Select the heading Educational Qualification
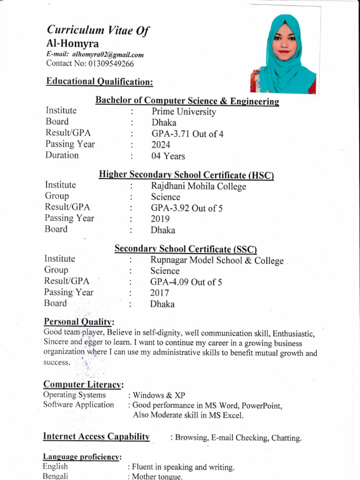(x=99, y=82)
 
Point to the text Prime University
(x=184, y=112)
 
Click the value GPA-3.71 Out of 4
(x=187, y=134)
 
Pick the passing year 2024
(x=161, y=145)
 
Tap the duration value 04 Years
(x=168, y=156)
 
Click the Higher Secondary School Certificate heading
(x=186, y=175)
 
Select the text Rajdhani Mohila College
(x=198, y=186)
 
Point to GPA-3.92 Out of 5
(x=187, y=208)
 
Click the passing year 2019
(x=160, y=219)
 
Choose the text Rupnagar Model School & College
(x=217, y=261)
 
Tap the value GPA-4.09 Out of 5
(x=186, y=282)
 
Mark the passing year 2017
(x=159, y=293)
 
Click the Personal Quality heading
(x=79, y=322)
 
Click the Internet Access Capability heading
(x=97, y=436)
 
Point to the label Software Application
(x=79, y=405)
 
